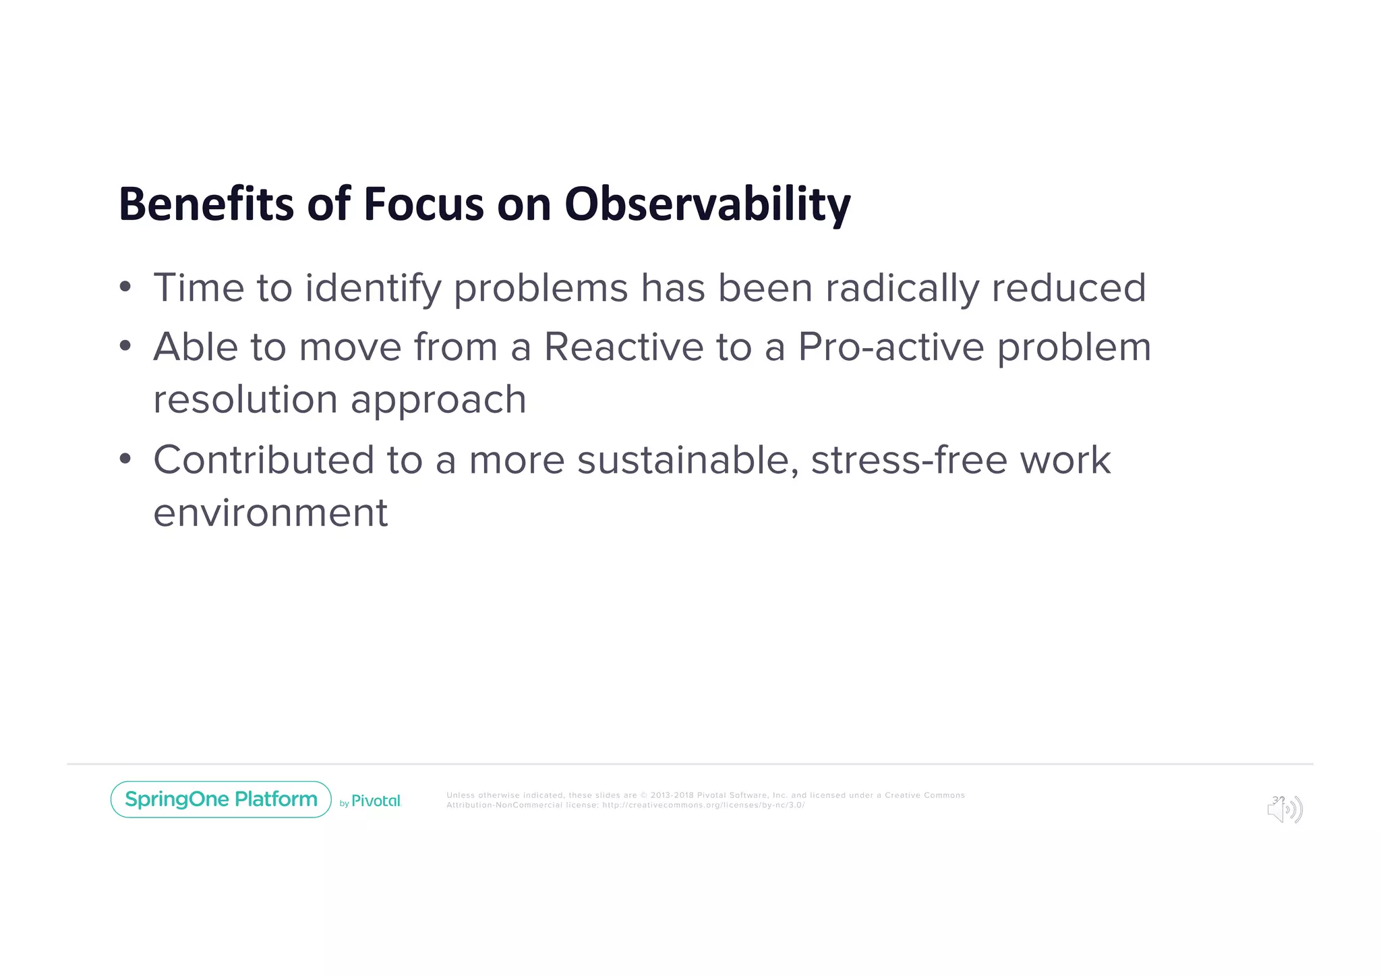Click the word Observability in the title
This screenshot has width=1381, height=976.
(707, 204)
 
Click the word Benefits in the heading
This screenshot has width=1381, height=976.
(206, 204)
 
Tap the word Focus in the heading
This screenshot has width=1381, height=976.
(423, 204)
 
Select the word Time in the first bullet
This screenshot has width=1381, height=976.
(198, 288)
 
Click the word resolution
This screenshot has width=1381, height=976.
(245, 399)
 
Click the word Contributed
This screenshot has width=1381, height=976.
(263, 460)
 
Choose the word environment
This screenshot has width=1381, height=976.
(270, 513)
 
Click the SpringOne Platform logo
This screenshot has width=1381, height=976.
(221, 799)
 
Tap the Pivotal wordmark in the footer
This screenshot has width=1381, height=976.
(376, 801)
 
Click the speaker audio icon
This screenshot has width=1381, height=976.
(1285, 809)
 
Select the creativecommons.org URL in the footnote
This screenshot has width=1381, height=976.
(703, 805)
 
